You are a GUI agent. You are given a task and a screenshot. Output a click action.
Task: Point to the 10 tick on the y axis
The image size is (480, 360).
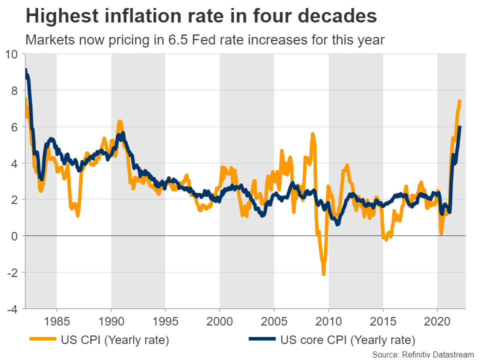tap(11, 54)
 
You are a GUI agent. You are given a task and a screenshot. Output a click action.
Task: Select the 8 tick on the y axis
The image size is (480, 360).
tap(14, 90)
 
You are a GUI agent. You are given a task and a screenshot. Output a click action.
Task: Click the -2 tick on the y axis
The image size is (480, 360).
tap(12, 272)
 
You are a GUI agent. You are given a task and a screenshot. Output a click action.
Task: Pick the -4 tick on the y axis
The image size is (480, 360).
tap(12, 308)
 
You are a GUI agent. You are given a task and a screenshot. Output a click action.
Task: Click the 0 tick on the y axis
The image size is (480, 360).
tap(14, 236)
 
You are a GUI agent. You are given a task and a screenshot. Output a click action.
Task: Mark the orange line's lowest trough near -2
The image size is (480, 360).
tap(323, 273)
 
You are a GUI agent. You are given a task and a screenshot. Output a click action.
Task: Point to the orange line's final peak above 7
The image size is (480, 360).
tap(459, 101)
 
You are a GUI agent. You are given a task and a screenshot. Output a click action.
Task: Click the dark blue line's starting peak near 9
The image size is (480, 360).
tap(26, 70)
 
